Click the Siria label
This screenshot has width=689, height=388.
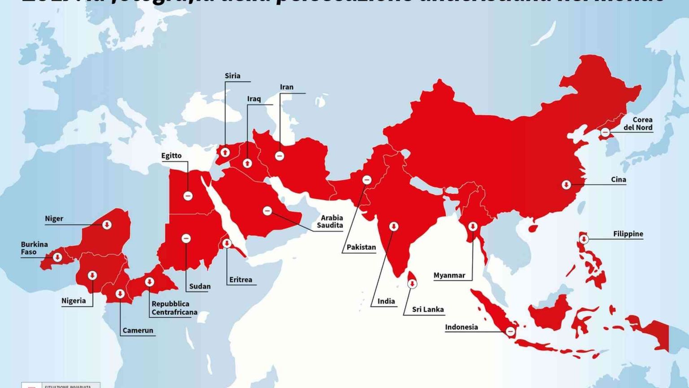coord(232,76)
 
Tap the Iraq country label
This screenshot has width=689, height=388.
coord(254,99)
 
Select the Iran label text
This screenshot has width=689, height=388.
coord(287,87)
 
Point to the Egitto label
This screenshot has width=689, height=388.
coord(171,156)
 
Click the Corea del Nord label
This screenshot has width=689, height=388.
coord(638,123)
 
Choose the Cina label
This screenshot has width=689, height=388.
coord(618,180)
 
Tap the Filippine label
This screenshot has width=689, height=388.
coord(628,234)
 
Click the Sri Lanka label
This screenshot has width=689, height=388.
coord(428,309)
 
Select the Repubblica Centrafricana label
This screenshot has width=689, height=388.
coord(174,308)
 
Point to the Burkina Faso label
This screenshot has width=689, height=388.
coord(34,248)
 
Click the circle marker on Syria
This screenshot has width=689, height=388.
coord(225,153)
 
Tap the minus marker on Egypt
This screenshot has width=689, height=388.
coord(188,196)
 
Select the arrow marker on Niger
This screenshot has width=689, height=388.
coord(107,225)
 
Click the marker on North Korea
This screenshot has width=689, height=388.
coord(605,132)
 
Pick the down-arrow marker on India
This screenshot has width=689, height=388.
coord(393,226)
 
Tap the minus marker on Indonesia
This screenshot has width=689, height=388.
coord(510,331)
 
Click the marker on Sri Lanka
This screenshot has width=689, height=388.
coord(412,284)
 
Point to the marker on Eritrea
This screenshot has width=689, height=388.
coord(227,243)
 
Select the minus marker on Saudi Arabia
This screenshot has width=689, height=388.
coord(267,211)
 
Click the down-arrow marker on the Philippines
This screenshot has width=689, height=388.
coord(584,239)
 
